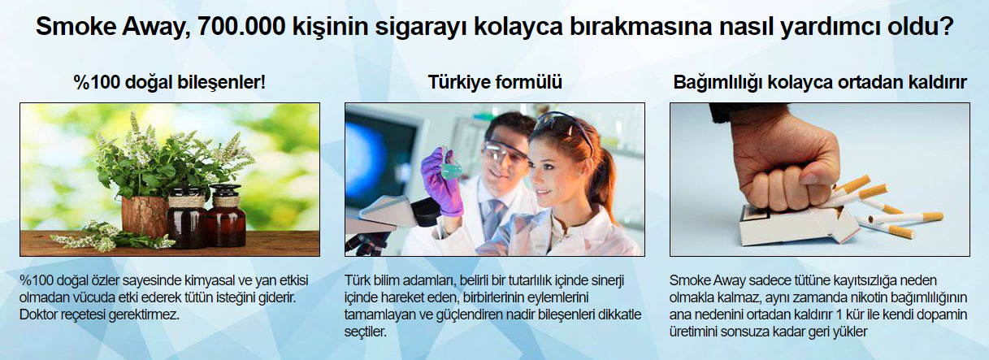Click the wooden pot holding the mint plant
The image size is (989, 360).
point(145,215)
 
